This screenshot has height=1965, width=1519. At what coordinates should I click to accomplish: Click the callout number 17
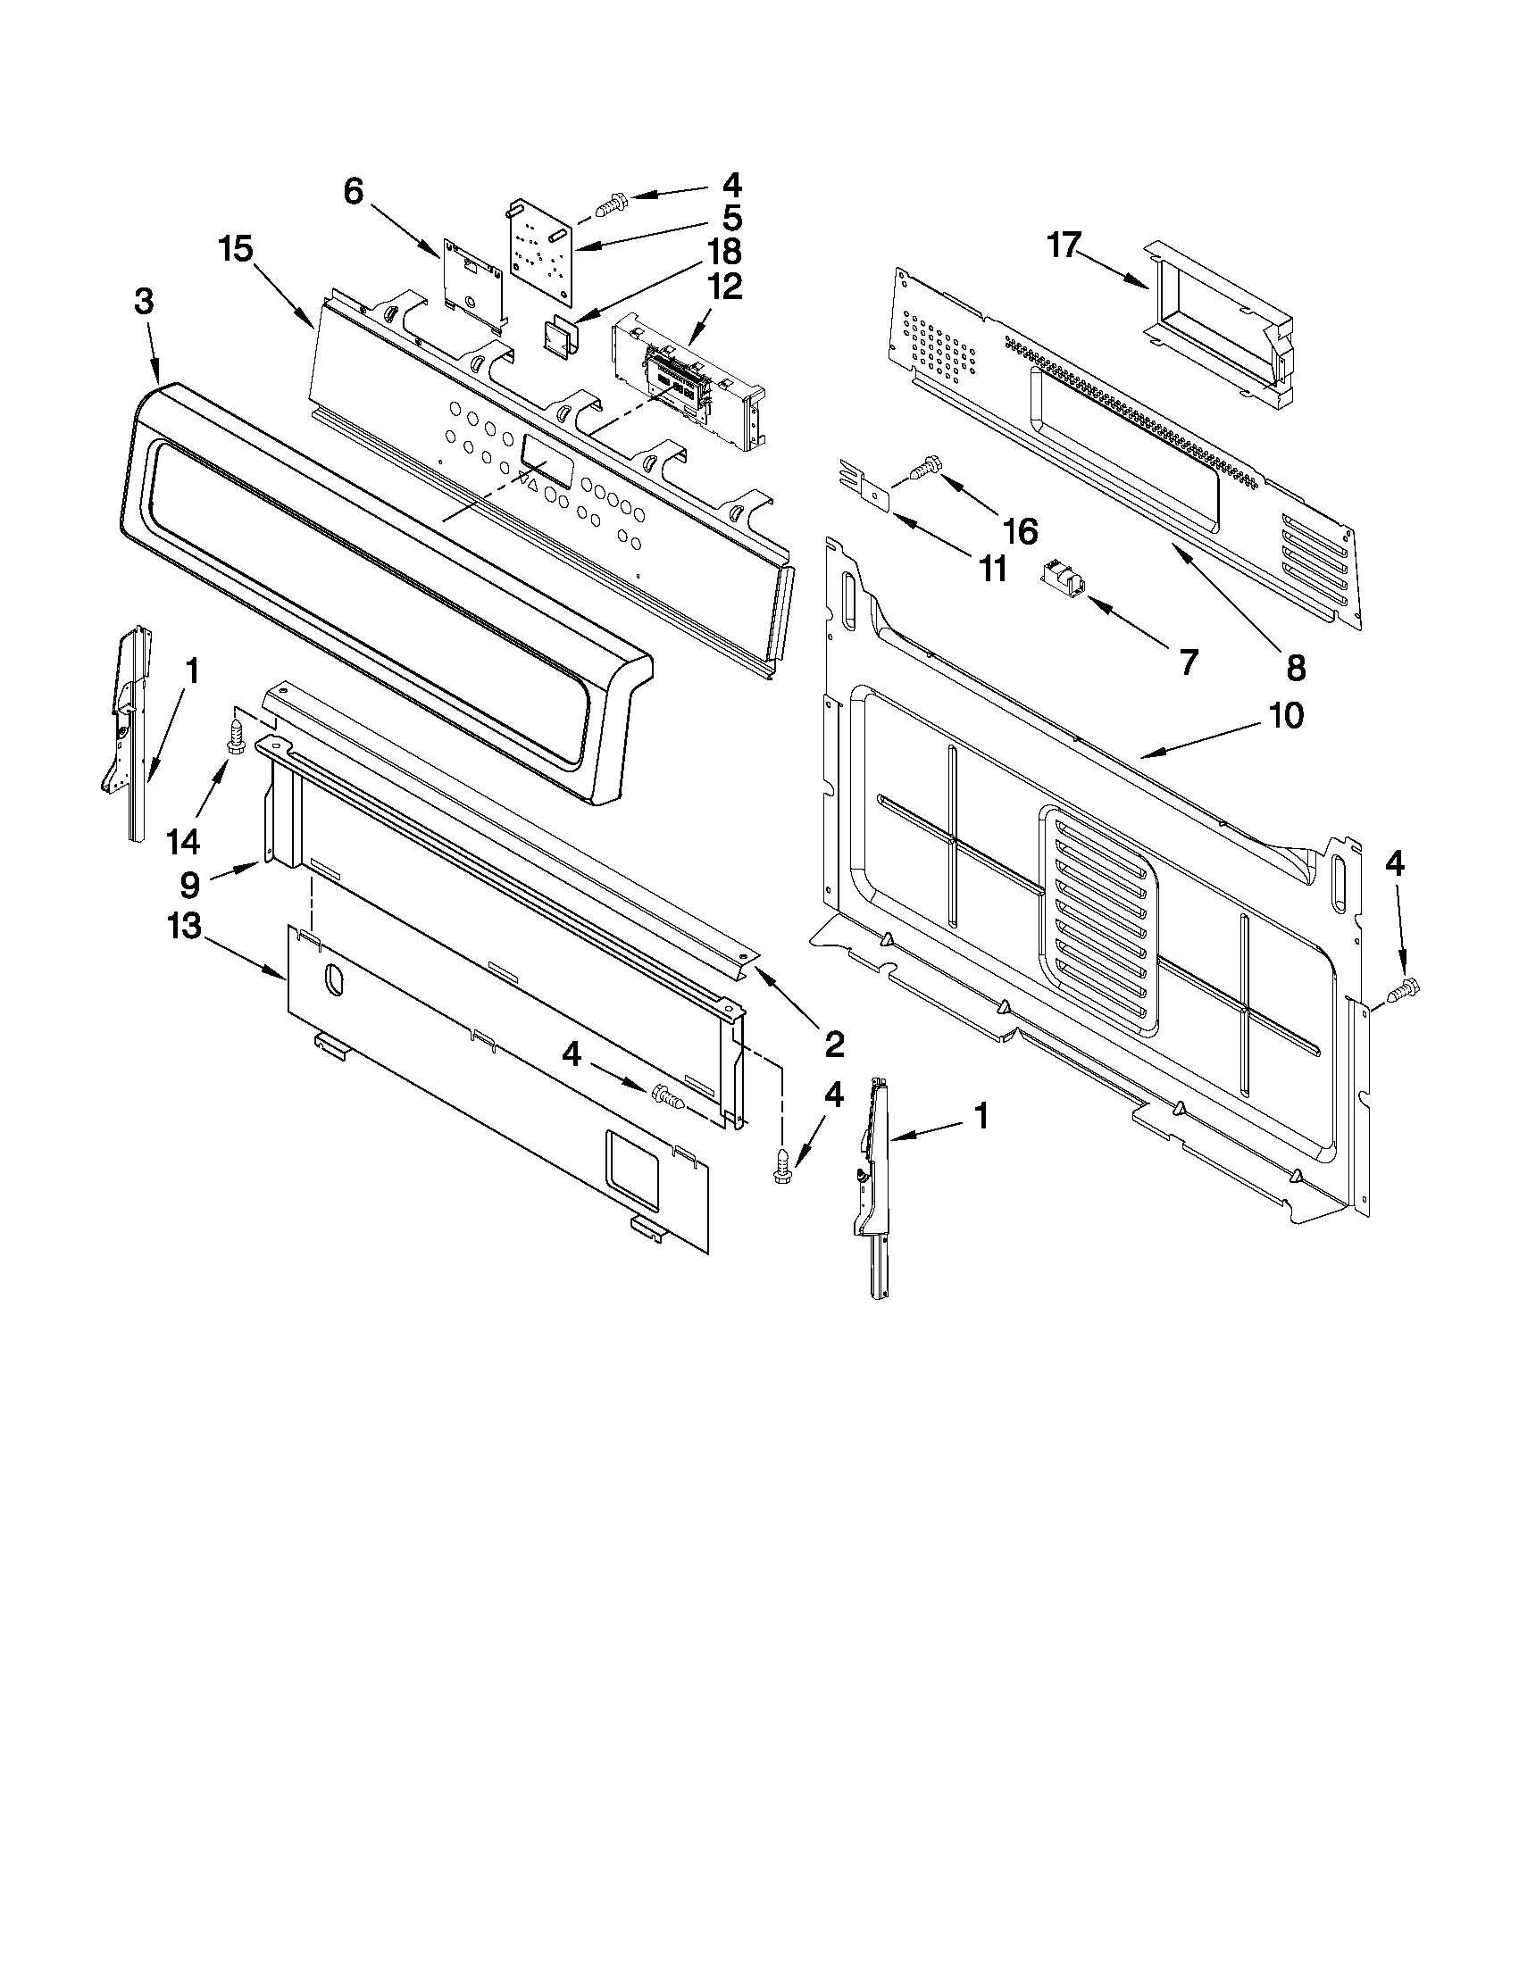point(1063,245)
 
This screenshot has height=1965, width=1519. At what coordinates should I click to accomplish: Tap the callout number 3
point(143,303)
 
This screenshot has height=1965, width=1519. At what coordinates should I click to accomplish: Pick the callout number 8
point(1295,667)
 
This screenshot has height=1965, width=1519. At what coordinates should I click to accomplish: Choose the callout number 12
point(725,286)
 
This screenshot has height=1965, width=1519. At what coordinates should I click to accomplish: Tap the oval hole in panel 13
point(331,979)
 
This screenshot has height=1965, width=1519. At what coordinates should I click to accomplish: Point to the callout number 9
point(190,886)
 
